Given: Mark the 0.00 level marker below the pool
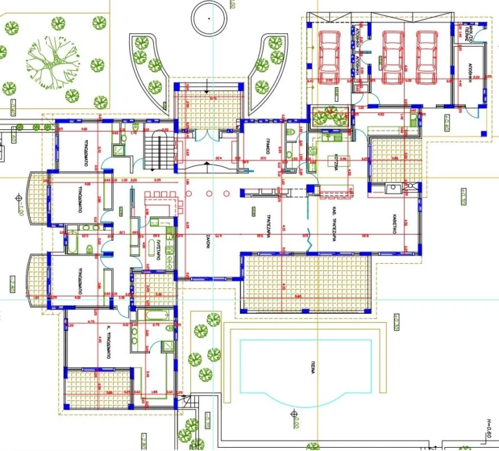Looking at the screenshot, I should [294, 413].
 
